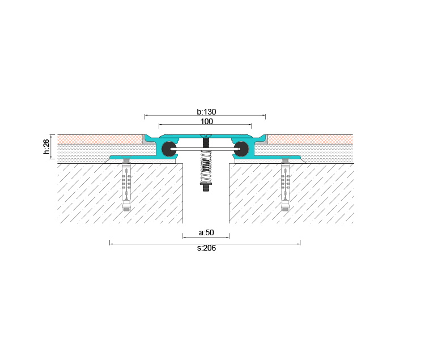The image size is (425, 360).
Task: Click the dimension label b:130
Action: coord(206,112)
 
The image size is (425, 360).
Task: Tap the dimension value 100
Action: coord(206,121)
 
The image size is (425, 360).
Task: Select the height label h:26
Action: coord(46,147)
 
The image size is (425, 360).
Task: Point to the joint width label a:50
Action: coord(206,232)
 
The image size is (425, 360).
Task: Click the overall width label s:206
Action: coord(206,248)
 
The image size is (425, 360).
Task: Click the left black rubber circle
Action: coord(169,149)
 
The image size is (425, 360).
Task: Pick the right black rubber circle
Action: coord(241,149)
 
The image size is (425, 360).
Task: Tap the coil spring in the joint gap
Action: coord(206,167)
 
